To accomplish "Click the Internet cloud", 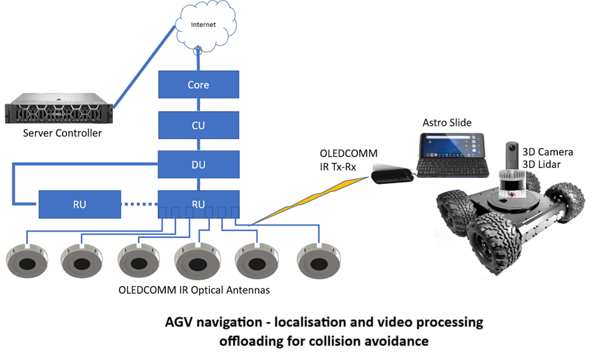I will (204, 25).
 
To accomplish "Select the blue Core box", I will (198, 85).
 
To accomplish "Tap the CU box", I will (198, 125).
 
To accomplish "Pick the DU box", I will (198, 165).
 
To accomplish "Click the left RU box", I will (79, 204).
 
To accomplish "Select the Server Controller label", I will (62, 133).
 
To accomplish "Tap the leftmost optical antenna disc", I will (27, 263).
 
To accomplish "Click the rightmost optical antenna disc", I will (319, 263).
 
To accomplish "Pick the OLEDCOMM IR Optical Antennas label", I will (194, 290).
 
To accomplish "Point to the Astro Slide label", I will (447, 122).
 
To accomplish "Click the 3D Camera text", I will (548, 153).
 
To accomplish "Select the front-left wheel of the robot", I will (491, 243).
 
